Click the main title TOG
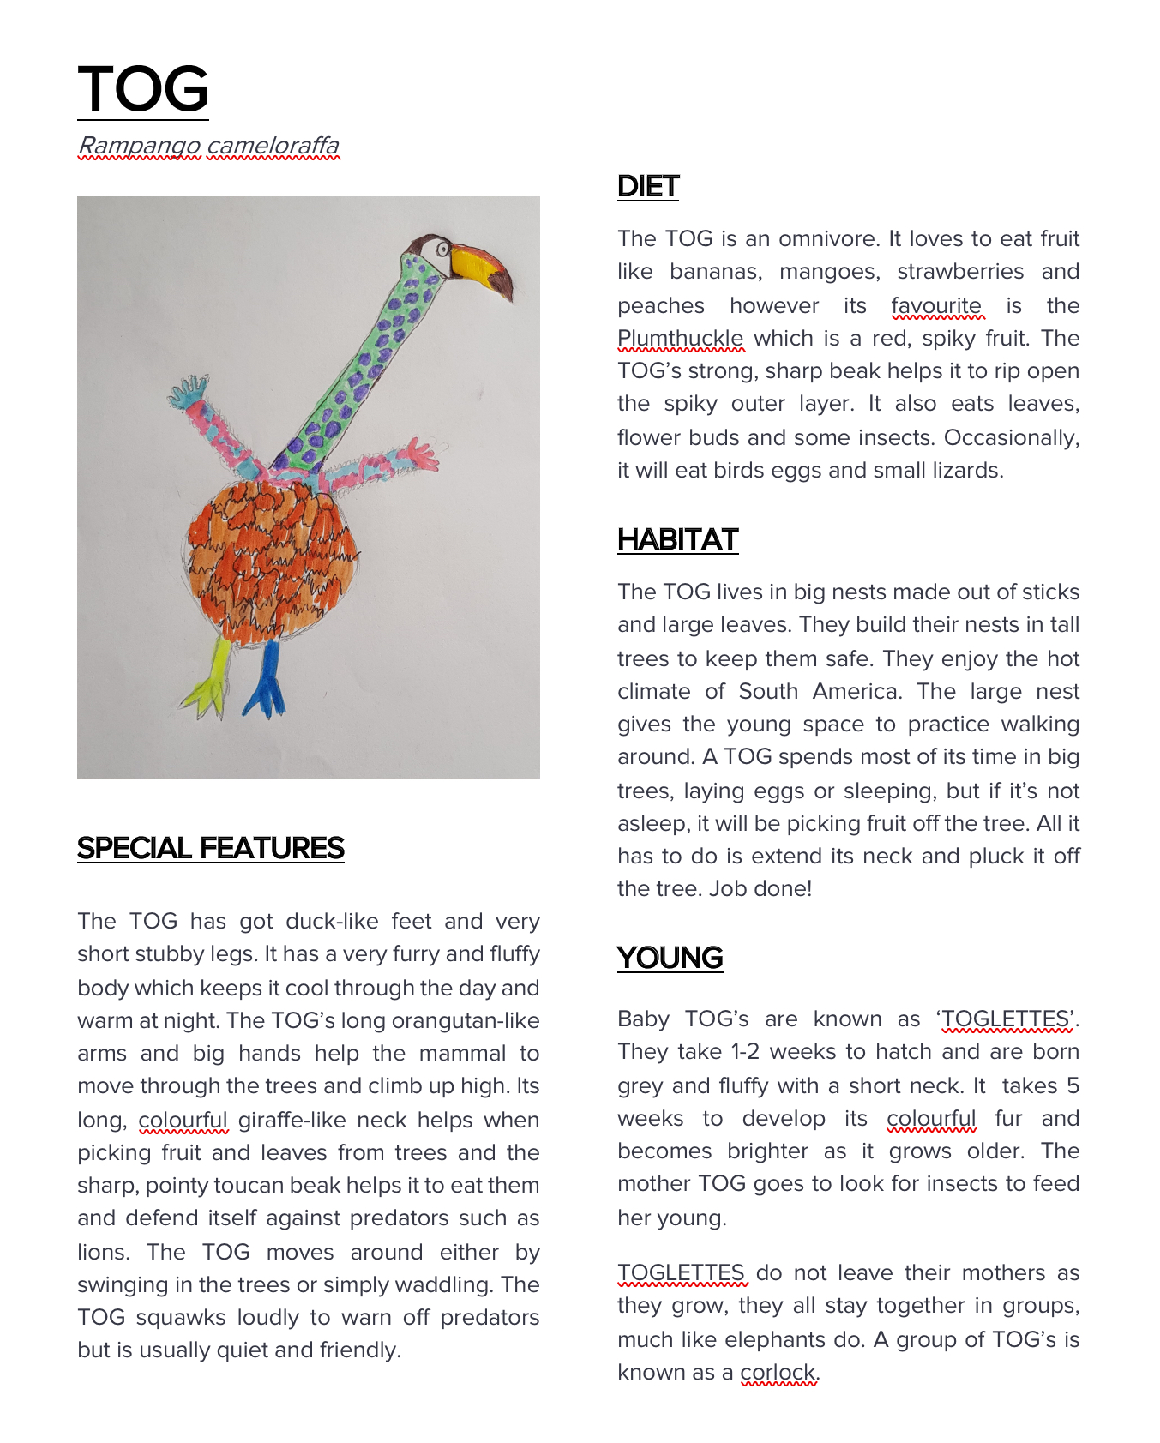tap(143, 89)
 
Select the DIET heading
tap(648, 187)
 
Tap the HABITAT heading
tap(677, 540)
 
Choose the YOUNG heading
tap(670, 959)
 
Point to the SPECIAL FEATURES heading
tap(210, 849)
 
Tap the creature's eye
tap(443, 250)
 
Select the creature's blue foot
tap(265, 686)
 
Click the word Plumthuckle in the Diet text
tap(681, 339)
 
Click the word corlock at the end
tap(778, 1373)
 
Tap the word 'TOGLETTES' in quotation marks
tap(1006, 1019)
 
